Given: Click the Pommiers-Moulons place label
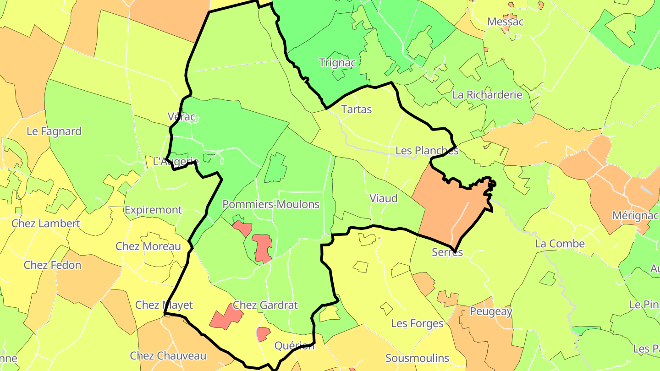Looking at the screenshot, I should tap(270, 204).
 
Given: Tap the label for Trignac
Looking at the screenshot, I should tap(337, 63).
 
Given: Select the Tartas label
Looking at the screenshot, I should tap(357, 109).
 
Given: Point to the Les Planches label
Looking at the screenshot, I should tap(427, 151).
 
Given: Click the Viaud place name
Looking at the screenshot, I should tap(383, 199).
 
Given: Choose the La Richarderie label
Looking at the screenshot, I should tap(487, 95).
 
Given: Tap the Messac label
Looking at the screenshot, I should tap(505, 22).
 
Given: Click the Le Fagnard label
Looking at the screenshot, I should tap(54, 131).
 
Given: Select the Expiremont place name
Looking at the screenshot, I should tap(153, 210).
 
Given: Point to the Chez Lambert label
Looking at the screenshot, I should tap(46, 224).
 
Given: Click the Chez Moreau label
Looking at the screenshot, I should tap(148, 246).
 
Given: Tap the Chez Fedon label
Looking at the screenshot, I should tap(52, 265).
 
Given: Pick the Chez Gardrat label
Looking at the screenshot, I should tap(265, 305).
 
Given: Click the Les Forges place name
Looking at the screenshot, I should tap(417, 324).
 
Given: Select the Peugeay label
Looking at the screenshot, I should tap(491, 312).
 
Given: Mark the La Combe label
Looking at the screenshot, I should tap(560, 244).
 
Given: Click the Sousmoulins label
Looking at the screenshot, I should tap(417, 358).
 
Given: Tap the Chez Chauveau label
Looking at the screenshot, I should tap(168, 356).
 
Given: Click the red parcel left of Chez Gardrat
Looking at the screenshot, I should tap(225, 316).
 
